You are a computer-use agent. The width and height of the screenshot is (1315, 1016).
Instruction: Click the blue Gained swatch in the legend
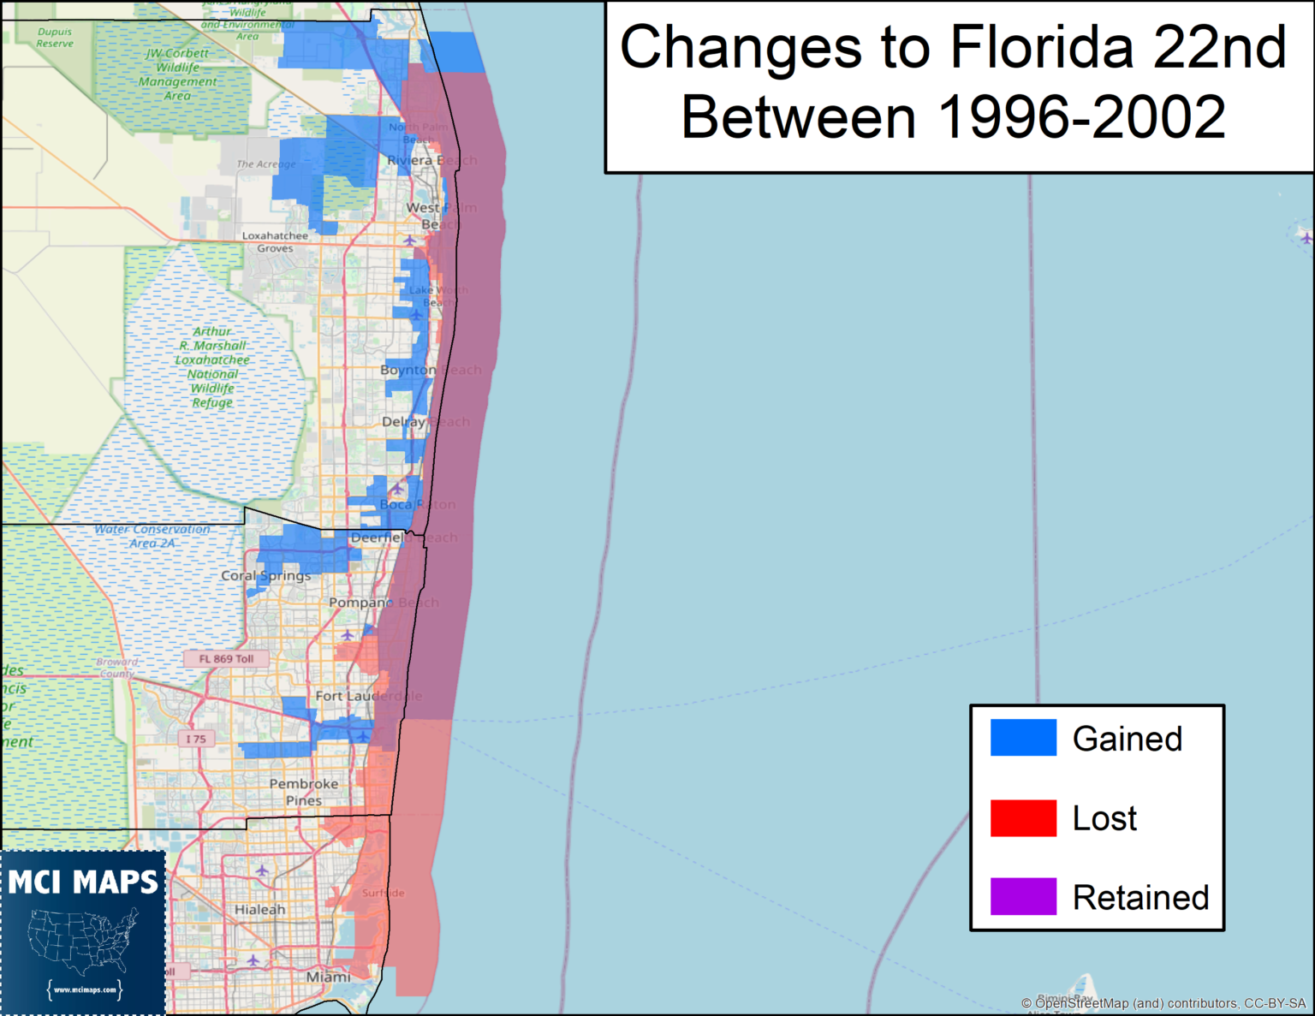[x=1023, y=737]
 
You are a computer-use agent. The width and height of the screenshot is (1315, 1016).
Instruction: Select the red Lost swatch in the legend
[x=1023, y=817]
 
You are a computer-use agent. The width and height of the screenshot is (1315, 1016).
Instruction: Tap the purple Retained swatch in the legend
[x=1023, y=896]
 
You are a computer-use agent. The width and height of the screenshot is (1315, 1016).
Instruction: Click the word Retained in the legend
[x=1140, y=898]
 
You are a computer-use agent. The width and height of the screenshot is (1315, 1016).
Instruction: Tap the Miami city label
[x=328, y=977]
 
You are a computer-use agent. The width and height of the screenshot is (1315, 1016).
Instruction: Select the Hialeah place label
[x=259, y=910]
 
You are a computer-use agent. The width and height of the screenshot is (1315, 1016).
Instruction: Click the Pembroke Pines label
[x=304, y=792]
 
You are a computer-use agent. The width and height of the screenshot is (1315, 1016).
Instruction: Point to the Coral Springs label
[x=265, y=575]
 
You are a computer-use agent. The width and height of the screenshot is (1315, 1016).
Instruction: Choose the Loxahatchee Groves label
[x=275, y=241]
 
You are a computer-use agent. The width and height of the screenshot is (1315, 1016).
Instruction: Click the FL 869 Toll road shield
[x=226, y=658]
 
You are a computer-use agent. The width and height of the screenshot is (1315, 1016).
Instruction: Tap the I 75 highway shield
[x=196, y=739]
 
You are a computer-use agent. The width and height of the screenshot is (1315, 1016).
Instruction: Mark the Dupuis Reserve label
[x=55, y=37]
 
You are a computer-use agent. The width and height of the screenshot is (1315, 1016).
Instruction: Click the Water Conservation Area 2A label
[x=152, y=536]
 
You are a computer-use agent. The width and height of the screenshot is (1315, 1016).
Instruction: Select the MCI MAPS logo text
[x=83, y=882]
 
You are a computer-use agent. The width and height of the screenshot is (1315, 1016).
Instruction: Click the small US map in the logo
[x=83, y=942]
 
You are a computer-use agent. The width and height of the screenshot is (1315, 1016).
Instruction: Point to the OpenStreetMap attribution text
[x=1163, y=1003]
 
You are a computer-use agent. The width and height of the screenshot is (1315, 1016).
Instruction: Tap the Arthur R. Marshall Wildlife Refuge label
[x=212, y=366]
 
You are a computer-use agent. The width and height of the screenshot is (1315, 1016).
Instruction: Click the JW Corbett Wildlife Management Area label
[x=177, y=74]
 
